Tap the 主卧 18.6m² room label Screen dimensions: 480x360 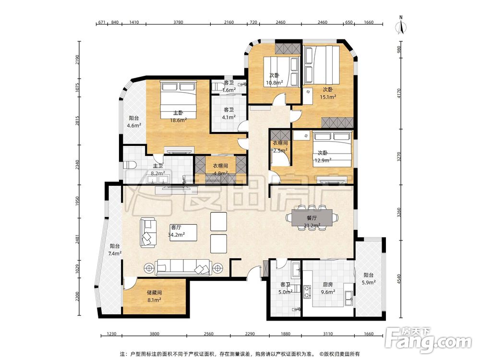[x=179, y=117]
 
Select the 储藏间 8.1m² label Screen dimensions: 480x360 [x=154, y=296]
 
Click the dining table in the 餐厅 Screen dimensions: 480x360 [x=312, y=217]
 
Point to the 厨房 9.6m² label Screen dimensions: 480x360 [x=327, y=288]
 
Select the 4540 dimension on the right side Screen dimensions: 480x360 [x=398, y=278]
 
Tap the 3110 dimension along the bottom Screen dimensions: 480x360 [x=327, y=334]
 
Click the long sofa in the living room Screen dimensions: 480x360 [x=183, y=267]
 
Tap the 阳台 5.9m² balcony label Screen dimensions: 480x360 [x=369, y=279]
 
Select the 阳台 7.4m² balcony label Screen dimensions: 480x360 [x=115, y=250]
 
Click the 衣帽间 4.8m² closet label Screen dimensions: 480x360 [x=220, y=169]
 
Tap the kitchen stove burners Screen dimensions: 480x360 [x=307, y=292]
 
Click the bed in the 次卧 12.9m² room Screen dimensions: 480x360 [x=332, y=149]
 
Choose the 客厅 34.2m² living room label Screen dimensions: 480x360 [x=176, y=231]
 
